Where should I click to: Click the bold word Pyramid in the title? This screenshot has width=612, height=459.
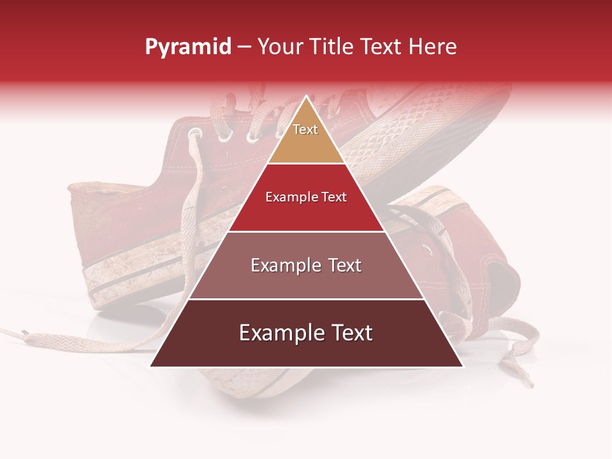coord(187,47)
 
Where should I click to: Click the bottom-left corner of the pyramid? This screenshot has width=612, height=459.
coord(151,366)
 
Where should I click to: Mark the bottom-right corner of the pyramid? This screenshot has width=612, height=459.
coord(462,366)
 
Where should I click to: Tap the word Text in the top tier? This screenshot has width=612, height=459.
coord(305,129)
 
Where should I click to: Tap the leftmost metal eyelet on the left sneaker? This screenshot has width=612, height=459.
coord(194,134)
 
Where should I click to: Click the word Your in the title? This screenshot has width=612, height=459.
coord(279,47)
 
